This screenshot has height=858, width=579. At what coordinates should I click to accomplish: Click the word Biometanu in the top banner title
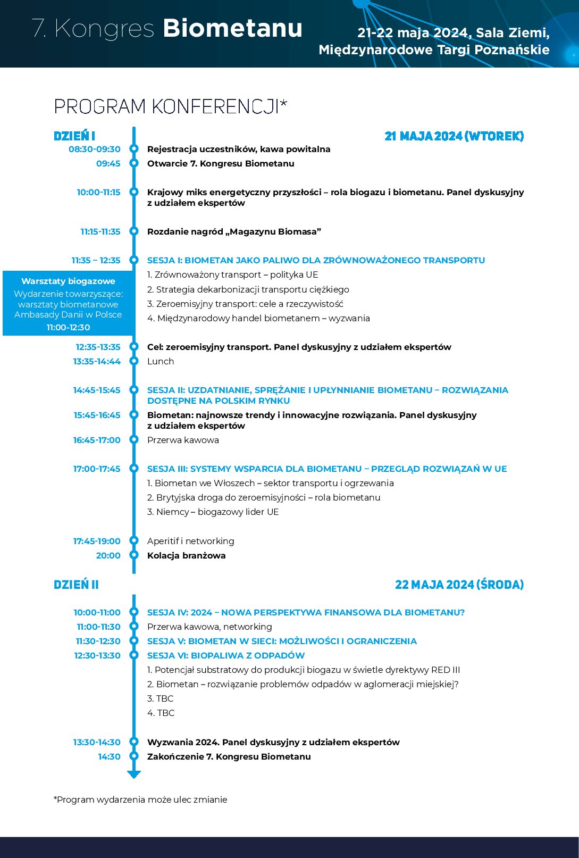(232, 28)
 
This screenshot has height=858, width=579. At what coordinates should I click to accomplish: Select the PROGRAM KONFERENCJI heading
(170, 106)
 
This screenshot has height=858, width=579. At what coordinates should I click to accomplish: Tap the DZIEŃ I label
(74, 136)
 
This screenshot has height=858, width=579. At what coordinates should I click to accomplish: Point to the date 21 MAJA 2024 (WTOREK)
(454, 136)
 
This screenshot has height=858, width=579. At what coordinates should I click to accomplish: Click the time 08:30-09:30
(95, 149)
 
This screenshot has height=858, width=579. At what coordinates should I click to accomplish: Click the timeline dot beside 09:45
(134, 163)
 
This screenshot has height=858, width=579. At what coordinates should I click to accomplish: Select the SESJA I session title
(316, 260)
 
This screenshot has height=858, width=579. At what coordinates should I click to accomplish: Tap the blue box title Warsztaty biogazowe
(68, 281)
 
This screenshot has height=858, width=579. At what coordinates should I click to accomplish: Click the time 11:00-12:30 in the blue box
(68, 327)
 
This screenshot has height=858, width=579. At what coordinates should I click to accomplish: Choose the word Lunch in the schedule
(161, 361)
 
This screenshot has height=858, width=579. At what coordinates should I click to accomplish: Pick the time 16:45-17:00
(97, 440)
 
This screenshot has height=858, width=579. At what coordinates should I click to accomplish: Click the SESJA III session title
(327, 469)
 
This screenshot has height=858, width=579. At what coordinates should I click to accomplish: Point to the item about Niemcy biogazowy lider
(213, 512)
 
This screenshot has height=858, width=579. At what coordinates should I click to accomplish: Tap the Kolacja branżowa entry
(186, 555)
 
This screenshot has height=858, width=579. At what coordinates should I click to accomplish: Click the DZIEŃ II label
(76, 585)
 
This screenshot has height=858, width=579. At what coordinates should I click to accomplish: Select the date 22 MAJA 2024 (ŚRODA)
(459, 585)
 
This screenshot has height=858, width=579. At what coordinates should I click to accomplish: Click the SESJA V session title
(282, 641)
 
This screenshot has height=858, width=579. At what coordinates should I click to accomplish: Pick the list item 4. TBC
(161, 713)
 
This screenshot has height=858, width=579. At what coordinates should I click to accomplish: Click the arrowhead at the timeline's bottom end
(134, 774)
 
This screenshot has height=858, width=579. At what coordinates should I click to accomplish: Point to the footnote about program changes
(140, 799)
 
